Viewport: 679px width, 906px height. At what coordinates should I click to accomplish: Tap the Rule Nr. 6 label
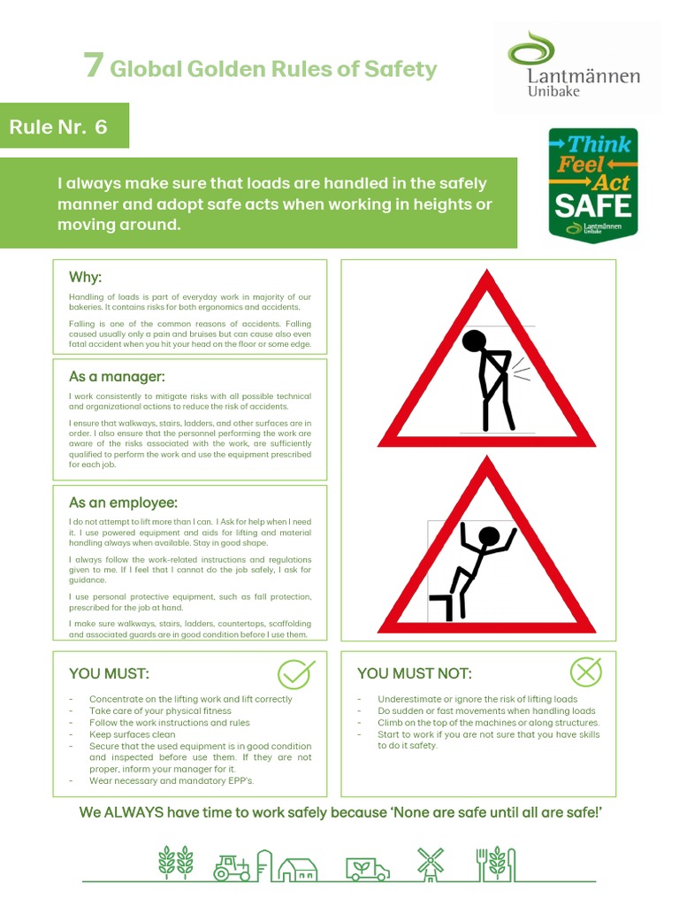coord(58,127)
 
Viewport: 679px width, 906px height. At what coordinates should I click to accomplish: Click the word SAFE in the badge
coord(592,206)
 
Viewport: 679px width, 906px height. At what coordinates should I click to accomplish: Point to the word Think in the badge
coord(599,144)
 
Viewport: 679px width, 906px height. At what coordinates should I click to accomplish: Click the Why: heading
coord(86,278)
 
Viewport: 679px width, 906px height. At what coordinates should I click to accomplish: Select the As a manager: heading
coord(117,377)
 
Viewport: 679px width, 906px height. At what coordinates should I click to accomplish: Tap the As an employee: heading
coord(123,503)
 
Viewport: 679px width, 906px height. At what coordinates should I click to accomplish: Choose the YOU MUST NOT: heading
coord(414,673)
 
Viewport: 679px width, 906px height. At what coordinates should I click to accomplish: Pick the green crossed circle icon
coord(585,672)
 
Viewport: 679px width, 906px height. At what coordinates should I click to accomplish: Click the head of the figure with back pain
coord(475,342)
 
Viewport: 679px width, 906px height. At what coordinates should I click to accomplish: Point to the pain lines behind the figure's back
coord(521,370)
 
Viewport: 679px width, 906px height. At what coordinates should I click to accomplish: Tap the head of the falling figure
coord(487,536)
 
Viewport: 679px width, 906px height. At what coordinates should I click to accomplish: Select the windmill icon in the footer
coord(431,864)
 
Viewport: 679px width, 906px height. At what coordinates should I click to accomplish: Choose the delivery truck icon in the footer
coord(367,868)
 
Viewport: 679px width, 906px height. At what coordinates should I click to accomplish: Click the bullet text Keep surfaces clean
coord(133,734)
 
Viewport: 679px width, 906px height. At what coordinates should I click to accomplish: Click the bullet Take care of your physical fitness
coord(160,710)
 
